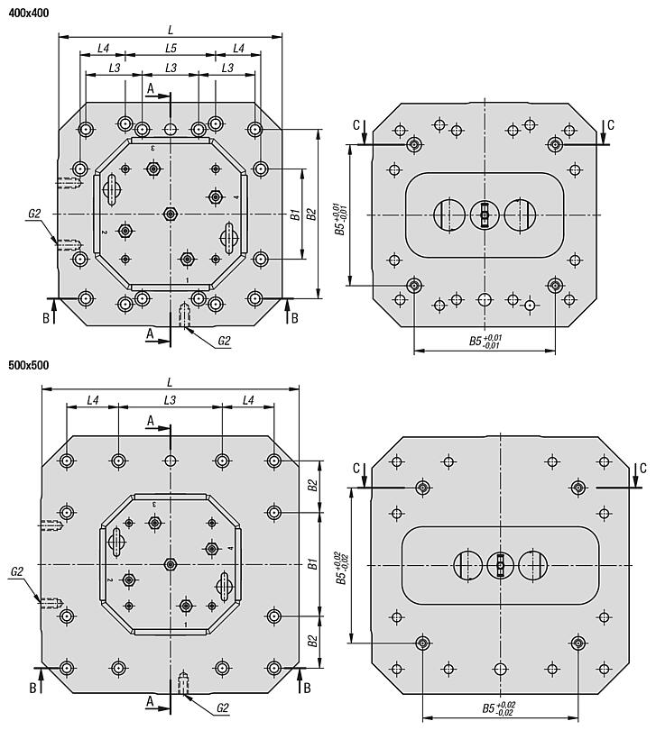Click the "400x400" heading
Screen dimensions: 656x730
pos(29,13)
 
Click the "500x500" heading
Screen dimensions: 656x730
pos(29,365)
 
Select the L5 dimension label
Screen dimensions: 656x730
pos(171,48)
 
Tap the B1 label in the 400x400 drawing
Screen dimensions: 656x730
pos(294,214)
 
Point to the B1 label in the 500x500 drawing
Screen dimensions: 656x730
pos(312,564)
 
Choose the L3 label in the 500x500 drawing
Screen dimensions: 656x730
pos(170,400)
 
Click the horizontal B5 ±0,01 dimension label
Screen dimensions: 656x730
pos(485,341)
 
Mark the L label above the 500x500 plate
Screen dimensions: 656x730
pos(170,383)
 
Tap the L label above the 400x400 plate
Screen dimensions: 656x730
pos(171,31)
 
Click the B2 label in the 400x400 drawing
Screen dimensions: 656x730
pos(311,214)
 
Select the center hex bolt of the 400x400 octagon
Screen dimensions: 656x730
pos(171,214)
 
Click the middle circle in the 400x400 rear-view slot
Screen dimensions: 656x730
pos(485,215)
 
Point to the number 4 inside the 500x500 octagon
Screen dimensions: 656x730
pos(230,549)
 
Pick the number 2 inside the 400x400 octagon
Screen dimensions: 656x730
pos(105,232)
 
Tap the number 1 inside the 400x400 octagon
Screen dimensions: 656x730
pos(187,280)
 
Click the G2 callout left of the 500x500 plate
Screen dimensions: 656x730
pos(17,571)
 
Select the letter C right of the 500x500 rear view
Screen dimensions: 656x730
pos(643,468)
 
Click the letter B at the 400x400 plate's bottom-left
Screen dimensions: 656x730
pos(46,318)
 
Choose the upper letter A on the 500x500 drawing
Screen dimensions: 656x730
pos(151,421)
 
